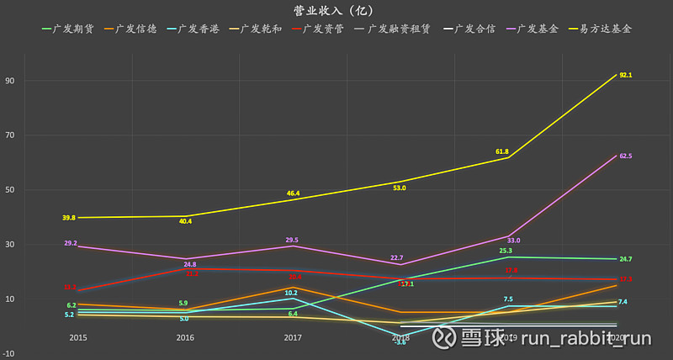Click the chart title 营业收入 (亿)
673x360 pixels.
coord(336,10)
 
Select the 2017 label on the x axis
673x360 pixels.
coord(292,336)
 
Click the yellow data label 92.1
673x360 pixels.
coord(625,76)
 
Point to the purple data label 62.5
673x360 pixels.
coord(625,156)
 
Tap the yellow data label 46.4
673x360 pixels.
coord(293,193)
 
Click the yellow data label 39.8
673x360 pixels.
coord(68,218)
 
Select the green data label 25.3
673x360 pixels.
coord(506,250)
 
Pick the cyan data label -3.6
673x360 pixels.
coord(400,341)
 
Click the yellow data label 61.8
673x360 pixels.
coord(502,152)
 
